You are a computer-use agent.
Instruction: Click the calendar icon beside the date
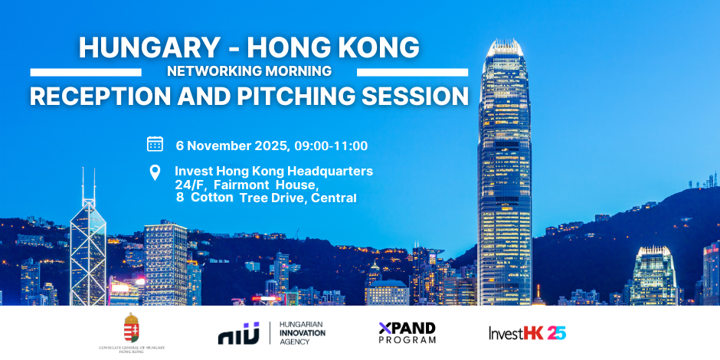155,144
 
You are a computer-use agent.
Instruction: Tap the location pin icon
155,172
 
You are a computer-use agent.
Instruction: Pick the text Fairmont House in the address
266,185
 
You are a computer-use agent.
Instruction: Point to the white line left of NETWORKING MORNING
86,73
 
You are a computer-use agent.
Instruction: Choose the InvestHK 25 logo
527,332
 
